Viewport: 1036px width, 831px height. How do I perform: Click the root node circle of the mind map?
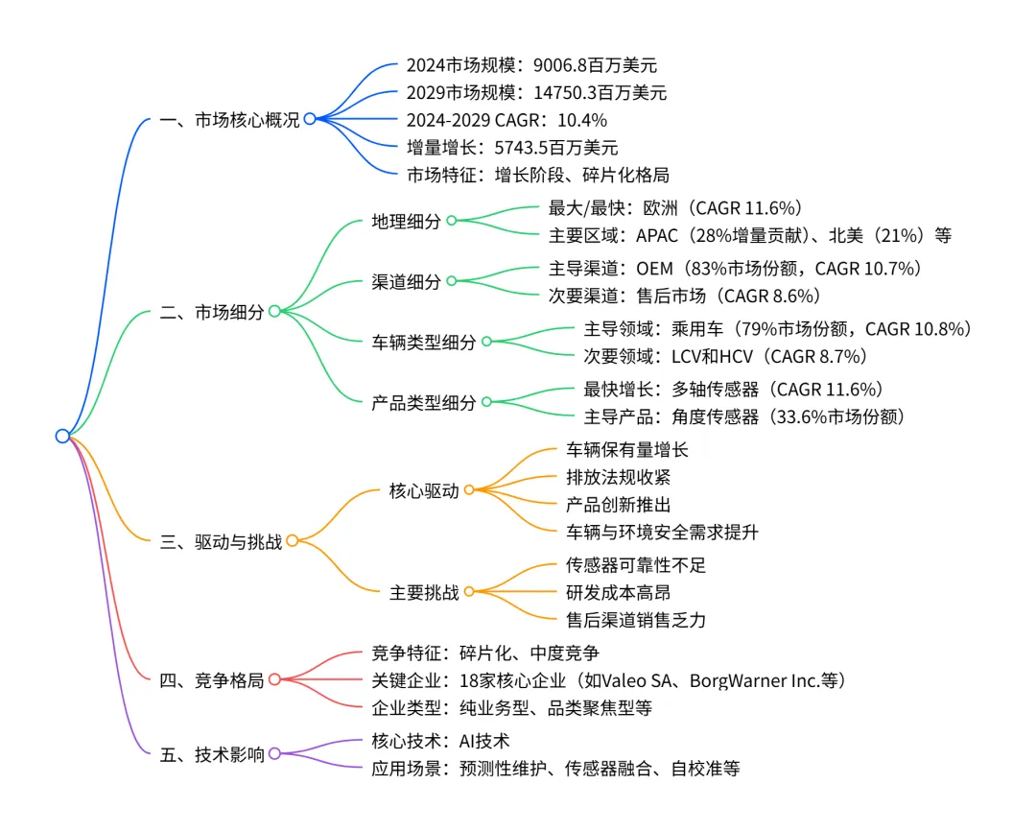click(x=62, y=436)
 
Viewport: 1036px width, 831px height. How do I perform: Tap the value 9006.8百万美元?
click(x=590, y=66)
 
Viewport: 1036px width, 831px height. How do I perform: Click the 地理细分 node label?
click(x=406, y=222)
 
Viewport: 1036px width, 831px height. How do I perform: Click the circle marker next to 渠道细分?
click(x=451, y=281)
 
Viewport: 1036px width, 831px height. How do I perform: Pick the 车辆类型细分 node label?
click(x=423, y=342)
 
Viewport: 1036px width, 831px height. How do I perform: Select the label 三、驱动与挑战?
click(x=221, y=541)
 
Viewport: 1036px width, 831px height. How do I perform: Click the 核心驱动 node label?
click(x=423, y=490)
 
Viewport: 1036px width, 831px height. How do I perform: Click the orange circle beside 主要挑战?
click(x=469, y=592)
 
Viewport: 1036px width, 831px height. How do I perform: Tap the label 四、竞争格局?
click(x=211, y=680)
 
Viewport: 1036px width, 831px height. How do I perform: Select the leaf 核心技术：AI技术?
click(x=440, y=741)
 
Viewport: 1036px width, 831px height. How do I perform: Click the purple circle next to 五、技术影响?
click(x=274, y=754)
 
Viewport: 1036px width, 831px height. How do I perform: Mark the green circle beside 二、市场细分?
click(x=274, y=311)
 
